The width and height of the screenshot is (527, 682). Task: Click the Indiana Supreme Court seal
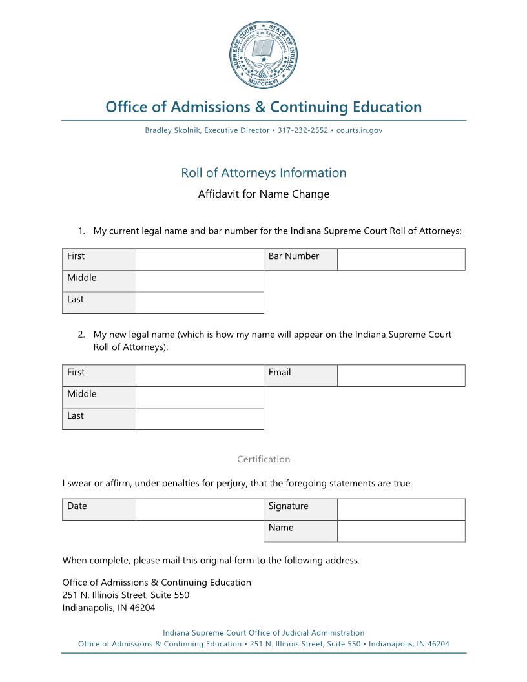263,54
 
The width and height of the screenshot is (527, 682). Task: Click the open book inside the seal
263,48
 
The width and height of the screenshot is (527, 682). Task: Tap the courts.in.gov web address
359,130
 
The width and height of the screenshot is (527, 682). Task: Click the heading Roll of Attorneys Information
263,173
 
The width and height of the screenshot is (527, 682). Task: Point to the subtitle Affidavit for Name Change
263,194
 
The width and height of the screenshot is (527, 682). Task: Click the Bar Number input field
400,260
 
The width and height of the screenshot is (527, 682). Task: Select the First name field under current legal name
200,260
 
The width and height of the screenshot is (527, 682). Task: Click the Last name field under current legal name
200,303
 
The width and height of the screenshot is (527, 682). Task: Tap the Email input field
400,376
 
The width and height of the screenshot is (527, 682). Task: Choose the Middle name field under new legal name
200,397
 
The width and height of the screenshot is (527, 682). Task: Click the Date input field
200,510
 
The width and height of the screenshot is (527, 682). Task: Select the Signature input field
400,510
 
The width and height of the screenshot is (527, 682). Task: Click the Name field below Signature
400,531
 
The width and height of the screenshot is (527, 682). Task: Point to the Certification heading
263,460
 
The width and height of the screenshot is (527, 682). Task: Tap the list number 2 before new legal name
81,335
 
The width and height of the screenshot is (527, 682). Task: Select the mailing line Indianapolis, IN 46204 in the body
108,608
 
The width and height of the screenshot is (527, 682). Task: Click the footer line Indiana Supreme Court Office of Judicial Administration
263,633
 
